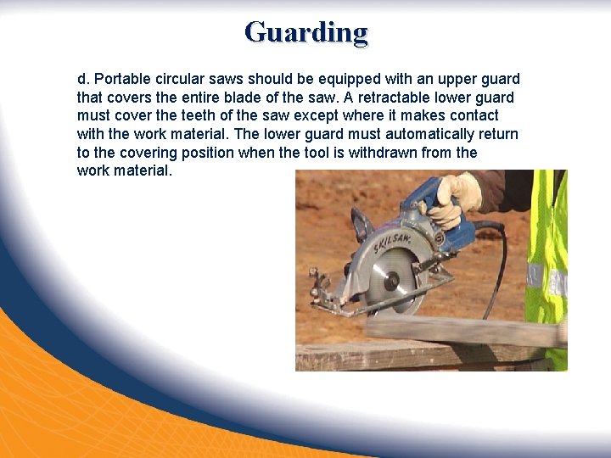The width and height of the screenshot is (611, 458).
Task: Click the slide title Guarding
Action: click(305, 32)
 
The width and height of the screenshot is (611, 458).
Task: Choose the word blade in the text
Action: click(251, 98)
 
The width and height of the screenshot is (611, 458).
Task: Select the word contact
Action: click(472, 116)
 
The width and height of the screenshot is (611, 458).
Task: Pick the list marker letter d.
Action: click(81, 79)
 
